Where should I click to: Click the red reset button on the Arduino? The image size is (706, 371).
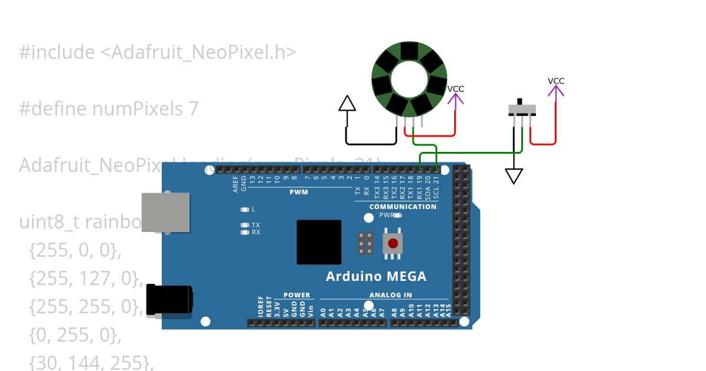pos(392,243)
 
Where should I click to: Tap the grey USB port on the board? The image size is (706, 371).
pos(165,213)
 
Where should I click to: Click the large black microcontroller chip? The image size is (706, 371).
pos(319,241)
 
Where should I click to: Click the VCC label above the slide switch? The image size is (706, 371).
pos(556,81)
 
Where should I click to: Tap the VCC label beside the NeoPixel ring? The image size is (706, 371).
pos(455,89)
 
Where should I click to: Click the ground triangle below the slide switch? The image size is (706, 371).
pos(514,176)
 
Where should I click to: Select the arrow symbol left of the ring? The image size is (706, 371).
pos(348,104)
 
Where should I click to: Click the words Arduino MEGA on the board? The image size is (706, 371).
pos(376,277)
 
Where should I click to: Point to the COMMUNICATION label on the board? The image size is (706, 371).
pos(403,207)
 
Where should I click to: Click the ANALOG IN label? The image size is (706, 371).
pos(391,295)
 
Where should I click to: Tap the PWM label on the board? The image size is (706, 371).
pos(299,192)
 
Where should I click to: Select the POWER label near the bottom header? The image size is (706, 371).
pos(296,295)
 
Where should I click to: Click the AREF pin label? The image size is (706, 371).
pos(236,184)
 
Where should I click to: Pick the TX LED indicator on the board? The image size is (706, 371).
pos(245,225)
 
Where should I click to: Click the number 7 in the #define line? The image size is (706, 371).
pos(194,109)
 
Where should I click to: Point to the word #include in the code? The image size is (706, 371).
pos(56,52)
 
